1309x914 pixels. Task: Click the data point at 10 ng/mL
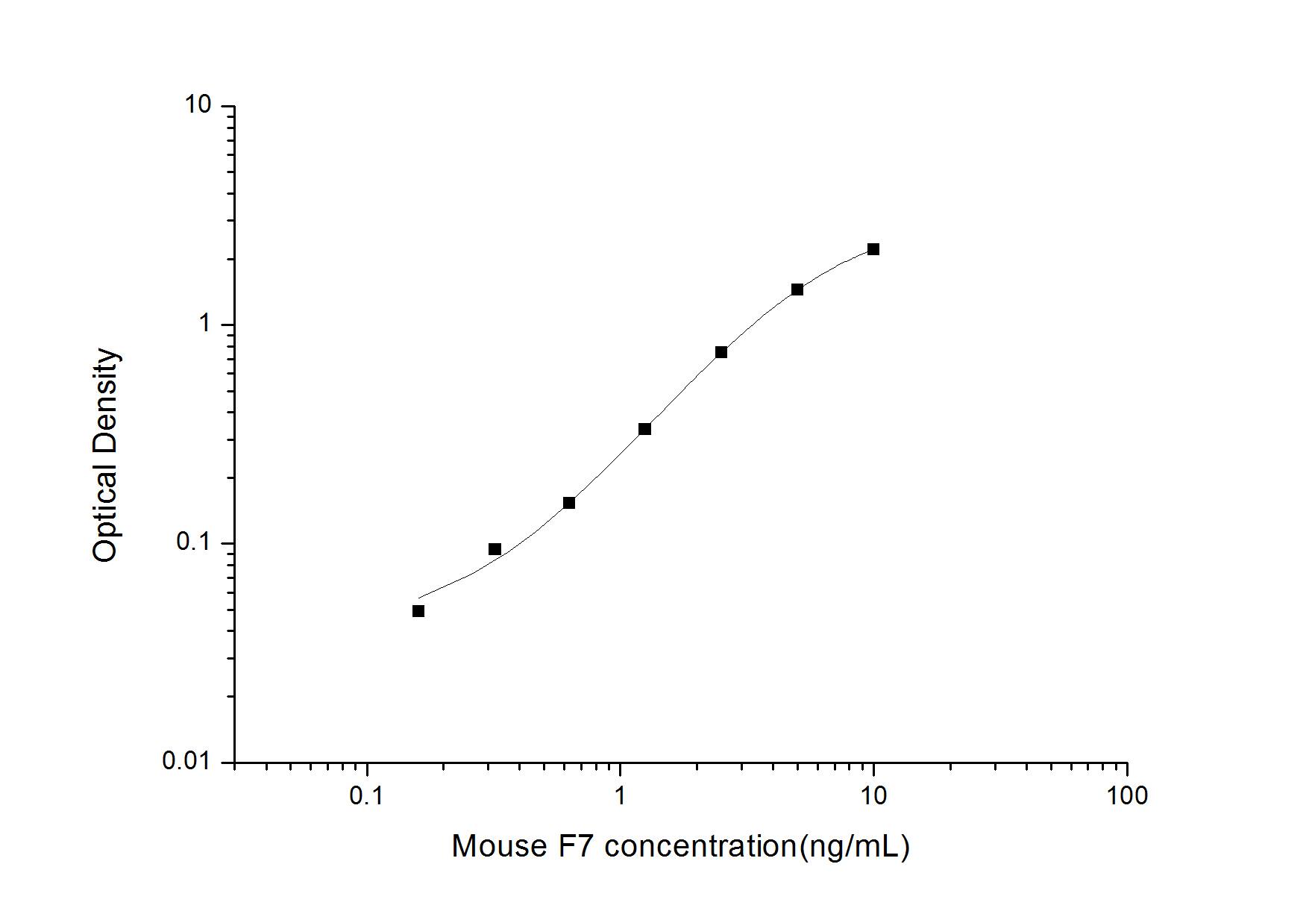(873, 249)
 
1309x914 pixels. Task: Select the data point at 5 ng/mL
(797, 289)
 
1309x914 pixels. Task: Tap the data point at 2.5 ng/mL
(721, 352)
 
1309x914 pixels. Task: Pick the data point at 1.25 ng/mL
(644, 429)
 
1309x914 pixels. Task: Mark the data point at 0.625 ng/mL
(568, 503)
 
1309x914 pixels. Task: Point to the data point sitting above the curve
(494, 549)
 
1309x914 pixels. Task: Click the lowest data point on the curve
(418, 611)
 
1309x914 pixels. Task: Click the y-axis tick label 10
(201, 106)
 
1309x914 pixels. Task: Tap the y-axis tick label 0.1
(195, 542)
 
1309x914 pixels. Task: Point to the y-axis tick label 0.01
(188, 762)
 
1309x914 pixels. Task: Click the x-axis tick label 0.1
(366, 796)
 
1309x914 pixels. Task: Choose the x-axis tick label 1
(620, 796)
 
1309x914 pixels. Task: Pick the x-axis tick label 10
(873, 796)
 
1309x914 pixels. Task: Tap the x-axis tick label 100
(1126, 796)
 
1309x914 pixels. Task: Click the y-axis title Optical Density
(106, 455)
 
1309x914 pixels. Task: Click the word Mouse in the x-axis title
(499, 846)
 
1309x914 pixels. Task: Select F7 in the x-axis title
(574, 846)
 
